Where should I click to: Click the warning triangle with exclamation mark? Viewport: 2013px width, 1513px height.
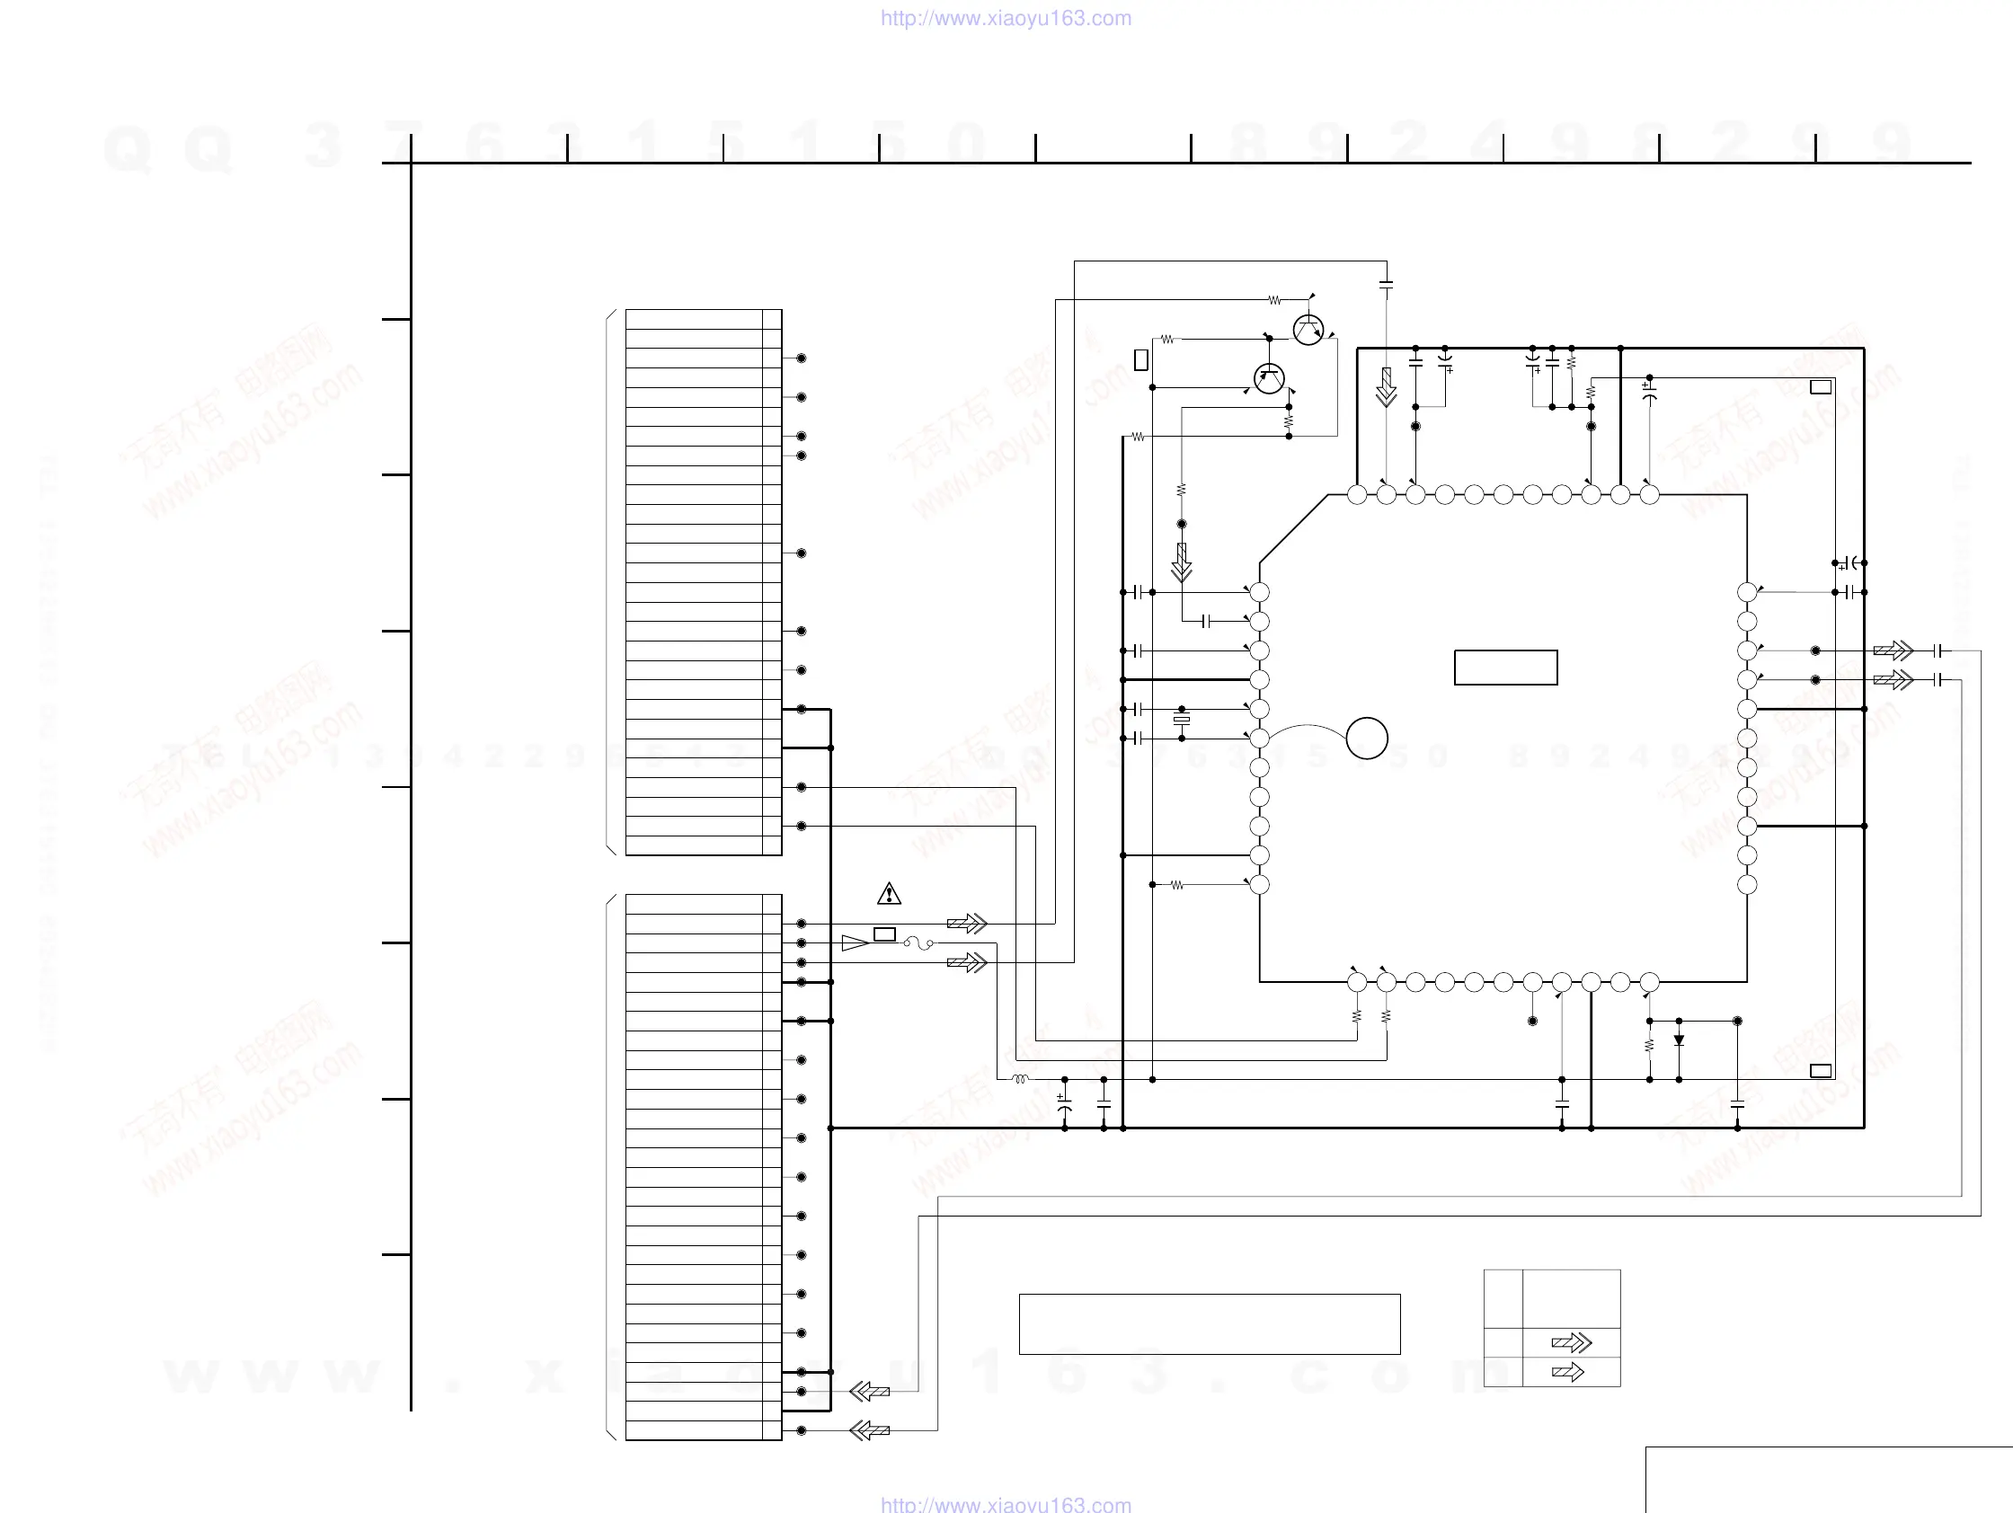(x=889, y=894)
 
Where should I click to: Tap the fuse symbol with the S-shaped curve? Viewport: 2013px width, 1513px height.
(x=918, y=943)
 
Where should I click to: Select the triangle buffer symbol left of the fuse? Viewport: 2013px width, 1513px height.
(x=855, y=943)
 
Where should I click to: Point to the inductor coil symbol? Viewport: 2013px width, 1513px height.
(x=1020, y=1079)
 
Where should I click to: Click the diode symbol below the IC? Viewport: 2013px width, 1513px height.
(x=1679, y=1040)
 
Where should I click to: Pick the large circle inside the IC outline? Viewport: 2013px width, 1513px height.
(x=1367, y=738)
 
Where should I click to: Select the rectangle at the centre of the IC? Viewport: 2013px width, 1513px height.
(x=1505, y=667)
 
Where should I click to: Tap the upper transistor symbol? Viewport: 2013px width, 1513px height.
(x=1308, y=330)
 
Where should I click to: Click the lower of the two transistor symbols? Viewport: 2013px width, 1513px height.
(x=1269, y=378)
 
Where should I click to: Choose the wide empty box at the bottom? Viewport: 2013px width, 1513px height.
(x=1210, y=1323)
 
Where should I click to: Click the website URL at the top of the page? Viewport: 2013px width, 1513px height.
(x=1006, y=18)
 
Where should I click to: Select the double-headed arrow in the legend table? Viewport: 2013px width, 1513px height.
(x=1572, y=1343)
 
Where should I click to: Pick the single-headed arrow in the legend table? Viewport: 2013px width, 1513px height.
(x=1568, y=1372)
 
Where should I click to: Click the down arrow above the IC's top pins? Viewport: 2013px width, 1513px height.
(x=1386, y=387)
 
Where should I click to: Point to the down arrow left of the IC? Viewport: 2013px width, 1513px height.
(x=1181, y=563)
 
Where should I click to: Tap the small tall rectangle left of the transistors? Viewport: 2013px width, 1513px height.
(x=1141, y=360)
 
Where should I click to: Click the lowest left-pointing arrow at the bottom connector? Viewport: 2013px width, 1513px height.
(x=869, y=1430)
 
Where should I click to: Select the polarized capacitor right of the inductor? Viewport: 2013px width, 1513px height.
(x=1065, y=1103)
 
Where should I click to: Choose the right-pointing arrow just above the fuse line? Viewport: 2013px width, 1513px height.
(x=966, y=924)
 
